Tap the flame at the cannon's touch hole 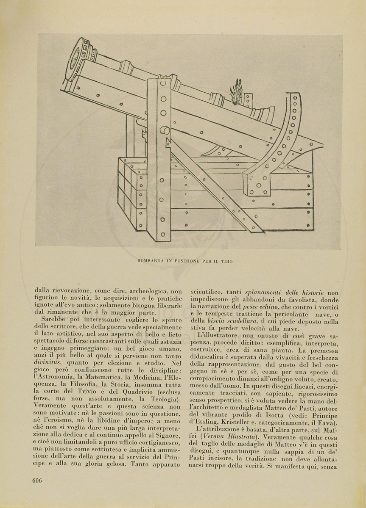coord(236,89)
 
